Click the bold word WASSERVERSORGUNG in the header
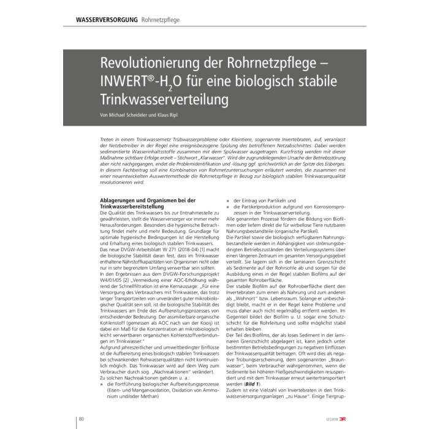[x=107, y=20]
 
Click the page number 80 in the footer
[x=81, y=419]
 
